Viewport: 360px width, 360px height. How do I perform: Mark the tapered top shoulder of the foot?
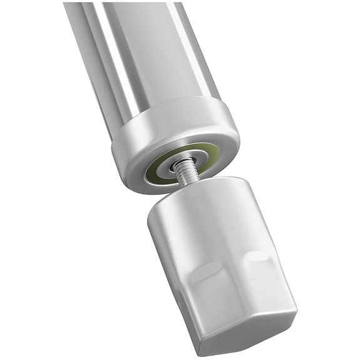200,194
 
